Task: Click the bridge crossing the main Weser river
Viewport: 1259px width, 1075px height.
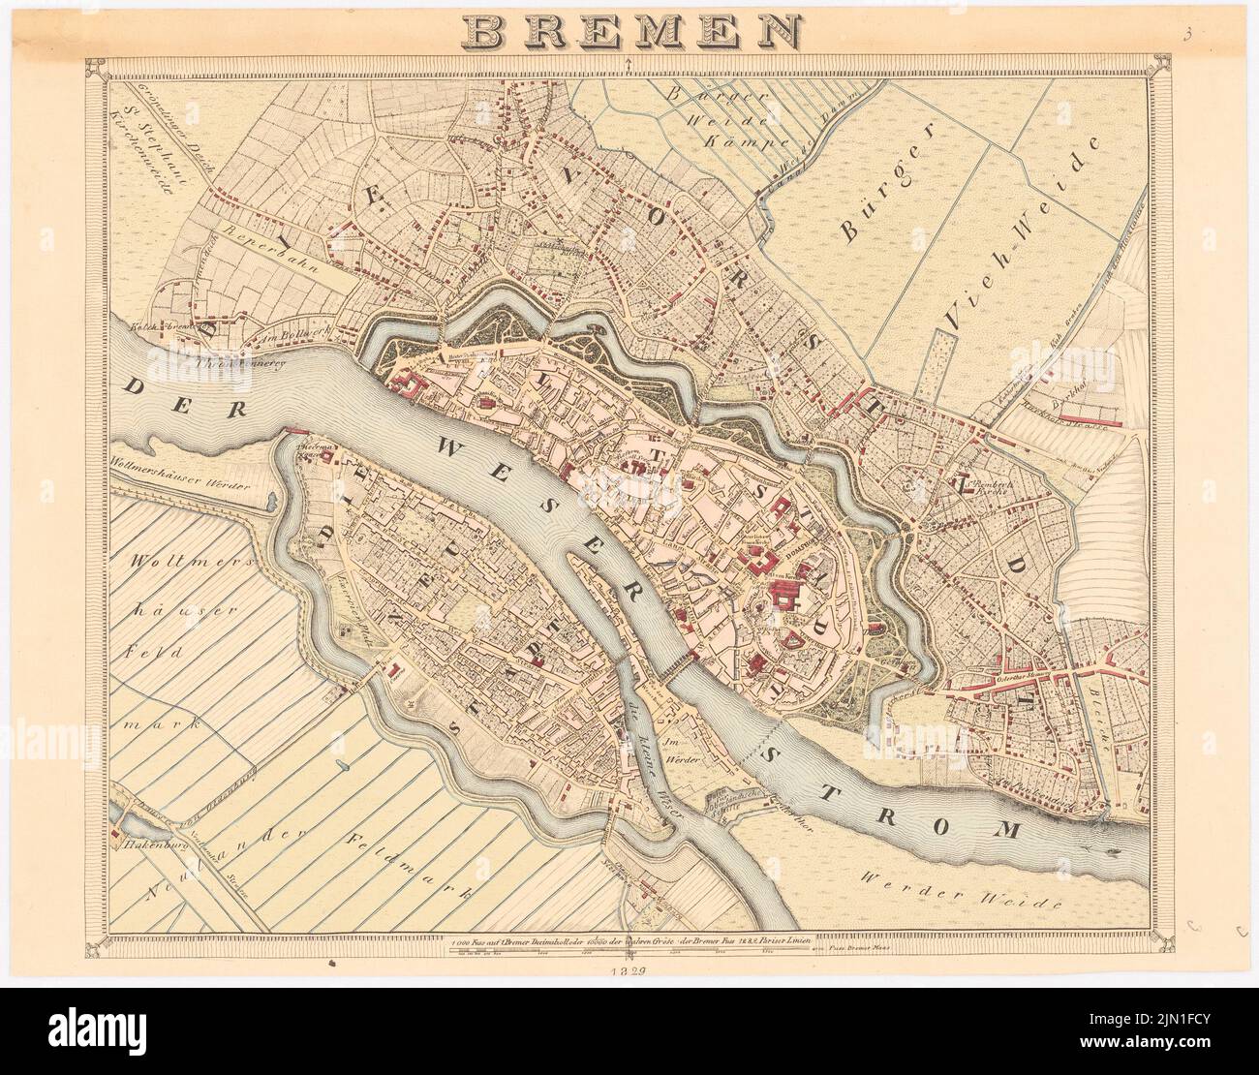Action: click(677, 665)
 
